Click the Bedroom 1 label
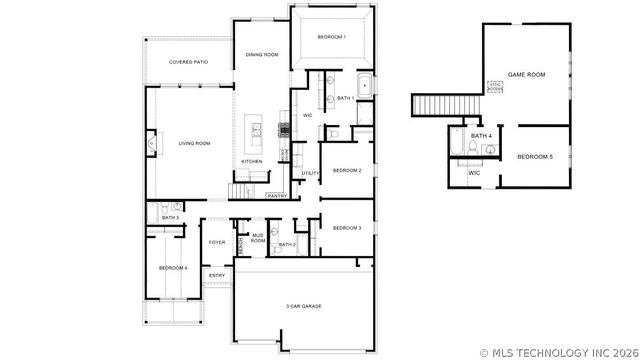[331, 37]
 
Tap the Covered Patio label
[188, 62]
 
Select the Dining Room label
[262, 54]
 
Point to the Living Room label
[194, 143]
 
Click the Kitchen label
[252, 161]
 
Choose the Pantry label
[277, 196]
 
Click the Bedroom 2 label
[346, 170]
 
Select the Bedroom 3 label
[346, 228]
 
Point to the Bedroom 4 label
[173, 267]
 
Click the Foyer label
[216, 242]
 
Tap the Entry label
[216, 275]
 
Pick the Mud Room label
[258, 239]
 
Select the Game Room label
[526, 74]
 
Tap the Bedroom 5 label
[534, 157]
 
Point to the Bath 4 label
[481, 136]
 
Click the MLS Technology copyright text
[558, 351]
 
